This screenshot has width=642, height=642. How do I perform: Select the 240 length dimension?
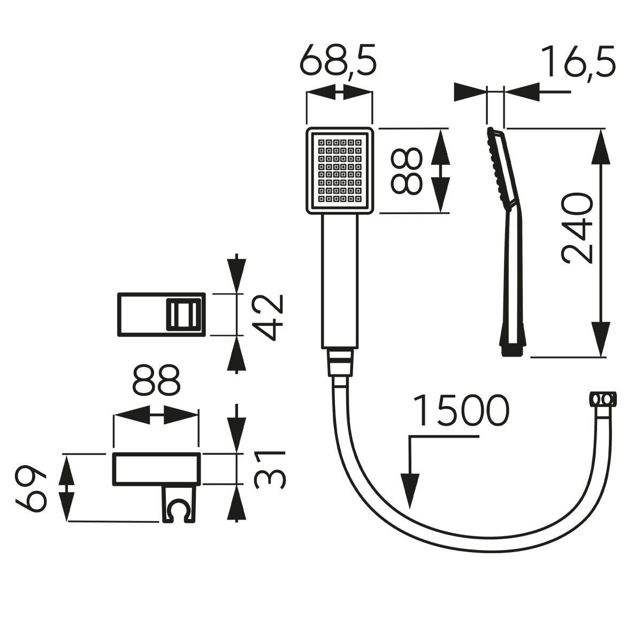tap(578, 228)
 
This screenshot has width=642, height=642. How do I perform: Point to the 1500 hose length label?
tap(461, 411)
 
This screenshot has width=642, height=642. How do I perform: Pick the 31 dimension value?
tap(267, 469)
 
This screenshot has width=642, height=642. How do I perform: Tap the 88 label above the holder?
tap(156, 381)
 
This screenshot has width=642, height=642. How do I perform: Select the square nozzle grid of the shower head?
tap(339, 171)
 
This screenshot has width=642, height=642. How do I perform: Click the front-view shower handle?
tap(339, 281)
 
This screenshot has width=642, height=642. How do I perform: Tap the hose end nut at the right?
tap(603, 400)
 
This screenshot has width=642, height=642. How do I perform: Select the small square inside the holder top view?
tap(183, 315)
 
